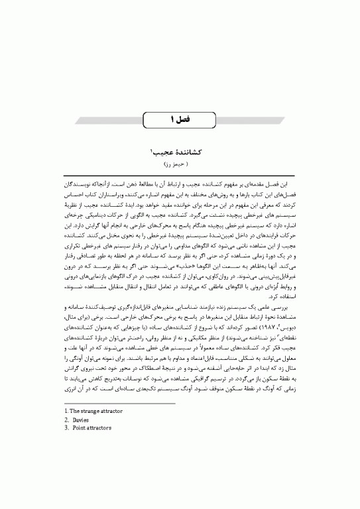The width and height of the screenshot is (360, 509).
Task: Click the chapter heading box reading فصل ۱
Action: pos(180,119)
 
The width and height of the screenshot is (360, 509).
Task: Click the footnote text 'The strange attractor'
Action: pos(80,411)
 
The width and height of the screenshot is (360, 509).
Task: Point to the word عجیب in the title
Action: pos(164,150)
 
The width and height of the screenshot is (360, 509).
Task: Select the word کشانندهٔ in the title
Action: pos(188,150)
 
